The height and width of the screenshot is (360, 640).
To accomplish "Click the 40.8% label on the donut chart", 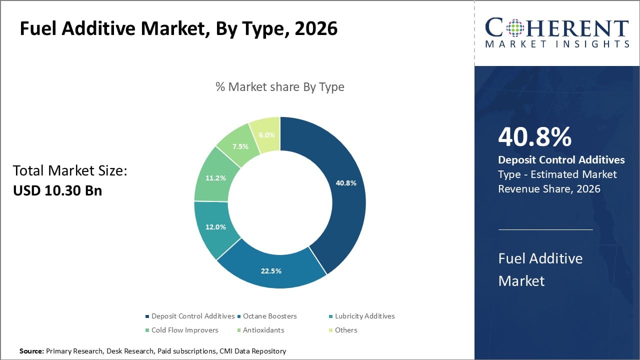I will click(x=346, y=183).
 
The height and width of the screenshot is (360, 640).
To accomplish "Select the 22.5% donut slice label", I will click(x=271, y=271).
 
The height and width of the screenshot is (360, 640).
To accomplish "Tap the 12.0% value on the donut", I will click(x=215, y=226).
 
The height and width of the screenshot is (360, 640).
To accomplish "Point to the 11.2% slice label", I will click(x=215, y=177).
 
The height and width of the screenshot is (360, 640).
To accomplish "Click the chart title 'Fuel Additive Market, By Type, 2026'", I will click(x=178, y=29).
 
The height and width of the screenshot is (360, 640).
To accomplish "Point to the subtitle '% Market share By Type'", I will click(x=280, y=86).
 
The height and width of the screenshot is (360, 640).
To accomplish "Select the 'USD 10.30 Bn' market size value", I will click(x=57, y=190).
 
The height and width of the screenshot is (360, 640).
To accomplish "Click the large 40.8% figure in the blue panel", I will click(x=534, y=137).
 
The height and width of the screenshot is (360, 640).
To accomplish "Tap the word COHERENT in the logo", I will click(x=556, y=28).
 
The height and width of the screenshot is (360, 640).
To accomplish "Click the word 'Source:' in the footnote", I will click(x=32, y=351).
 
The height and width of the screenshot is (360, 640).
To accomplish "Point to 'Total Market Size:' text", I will click(x=70, y=171).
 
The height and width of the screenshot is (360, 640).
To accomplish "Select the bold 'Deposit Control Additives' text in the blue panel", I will click(x=561, y=160).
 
